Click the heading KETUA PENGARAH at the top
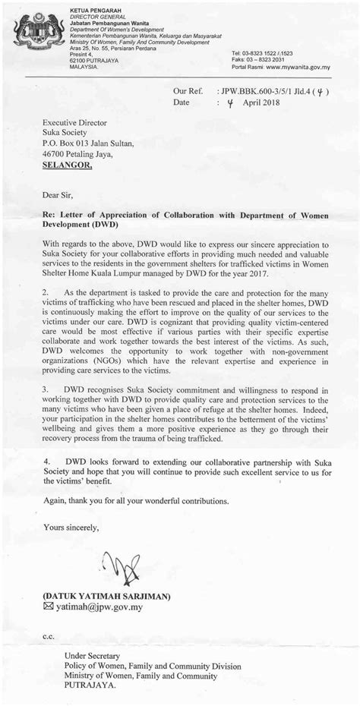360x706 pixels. pos(89,8)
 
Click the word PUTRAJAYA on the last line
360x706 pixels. pos(90,684)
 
